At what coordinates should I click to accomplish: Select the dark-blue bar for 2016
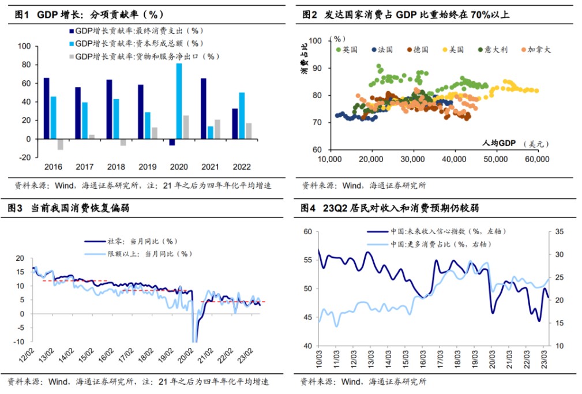tap(46, 108)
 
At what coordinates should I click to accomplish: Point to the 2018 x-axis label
tap(116, 166)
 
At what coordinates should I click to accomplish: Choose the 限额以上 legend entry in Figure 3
tap(141, 253)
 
